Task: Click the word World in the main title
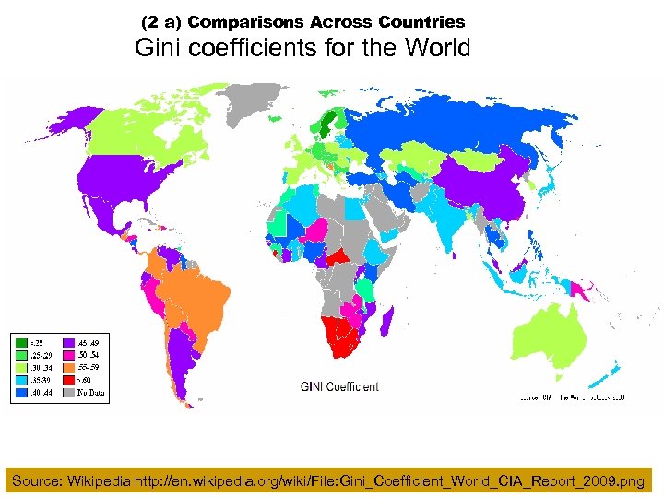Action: pyautogui.click(x=436, y=48)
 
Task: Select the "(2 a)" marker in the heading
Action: pyautogui.click(x=161, y=21)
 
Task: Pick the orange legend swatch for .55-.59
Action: pyautogui.click(x=67, y=367)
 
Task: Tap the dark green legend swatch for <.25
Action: pyautogui.click(x=20, y=341)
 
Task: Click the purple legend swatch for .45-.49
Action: pyautogui.click(x=67, y=341)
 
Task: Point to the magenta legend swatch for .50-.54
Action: pyautogui.click(x=67, y=354)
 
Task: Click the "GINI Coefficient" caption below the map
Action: pyautogui.click(x=339, y=387)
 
